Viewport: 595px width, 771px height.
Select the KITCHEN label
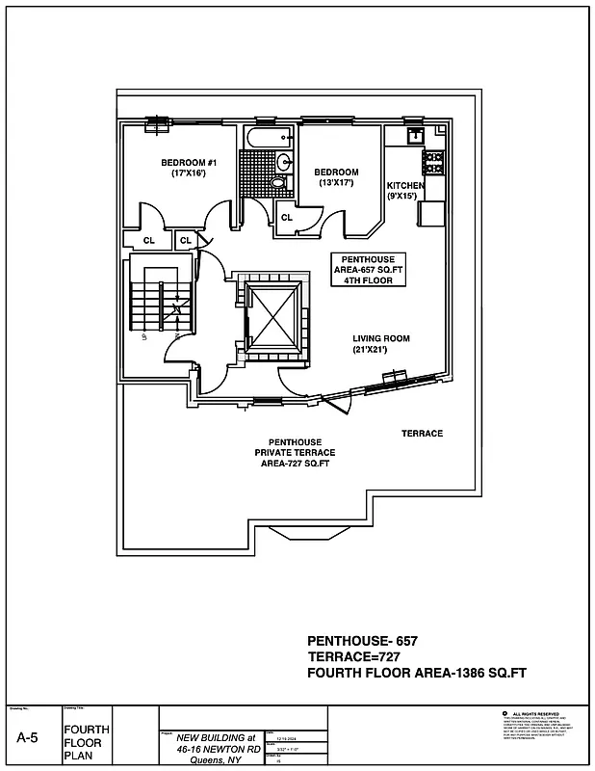[405, 185]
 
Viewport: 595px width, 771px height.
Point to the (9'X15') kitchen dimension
[402, 196]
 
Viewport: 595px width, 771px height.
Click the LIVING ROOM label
[381, 338]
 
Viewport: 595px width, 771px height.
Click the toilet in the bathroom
[278, 181]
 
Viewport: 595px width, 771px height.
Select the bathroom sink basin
[285, 161]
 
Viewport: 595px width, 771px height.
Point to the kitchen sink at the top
[416, 135]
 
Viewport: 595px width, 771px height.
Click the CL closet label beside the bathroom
[287, 218]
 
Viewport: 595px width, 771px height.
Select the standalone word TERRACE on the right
[422, 434]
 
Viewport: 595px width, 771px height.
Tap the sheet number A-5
[28, 737]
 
